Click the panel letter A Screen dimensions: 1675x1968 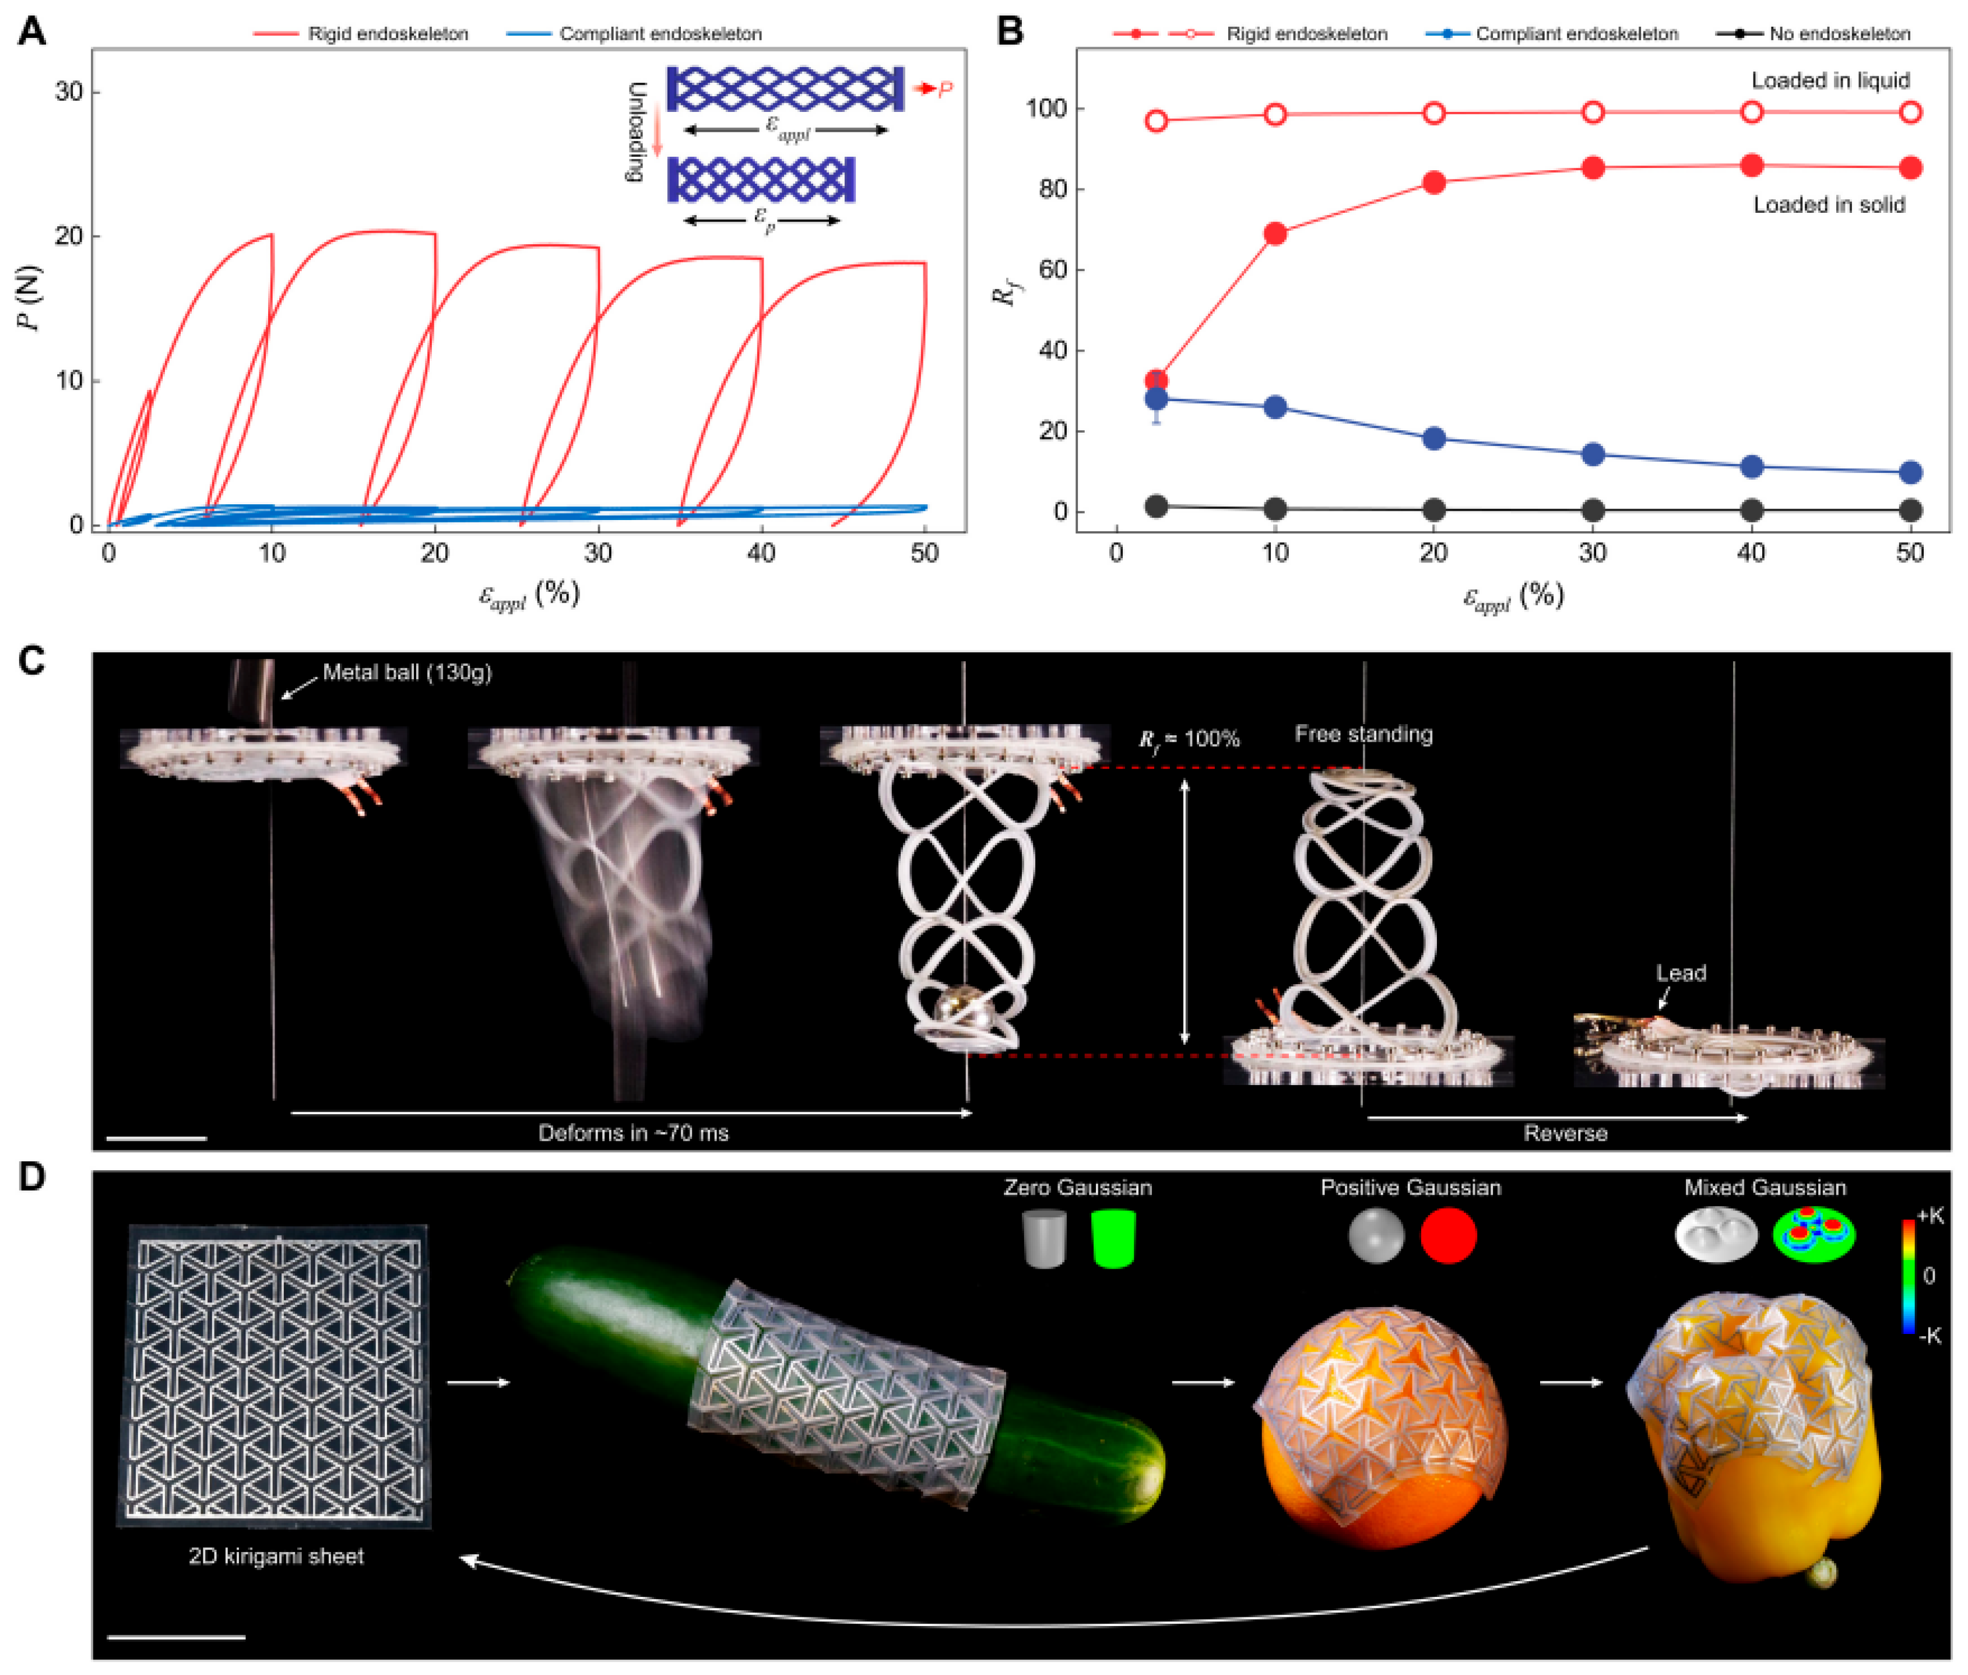(31, 31)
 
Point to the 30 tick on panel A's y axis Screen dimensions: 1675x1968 (68, 92)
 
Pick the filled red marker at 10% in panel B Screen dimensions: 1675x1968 (1274, 234)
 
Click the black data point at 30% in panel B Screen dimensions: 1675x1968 (1592, 510)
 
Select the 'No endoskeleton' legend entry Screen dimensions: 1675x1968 (1838, 34)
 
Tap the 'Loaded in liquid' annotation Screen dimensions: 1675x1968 (1829, 80)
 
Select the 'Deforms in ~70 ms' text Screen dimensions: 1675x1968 (632, 1133)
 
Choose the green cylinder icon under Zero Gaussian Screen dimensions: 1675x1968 (1113, 1238)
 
